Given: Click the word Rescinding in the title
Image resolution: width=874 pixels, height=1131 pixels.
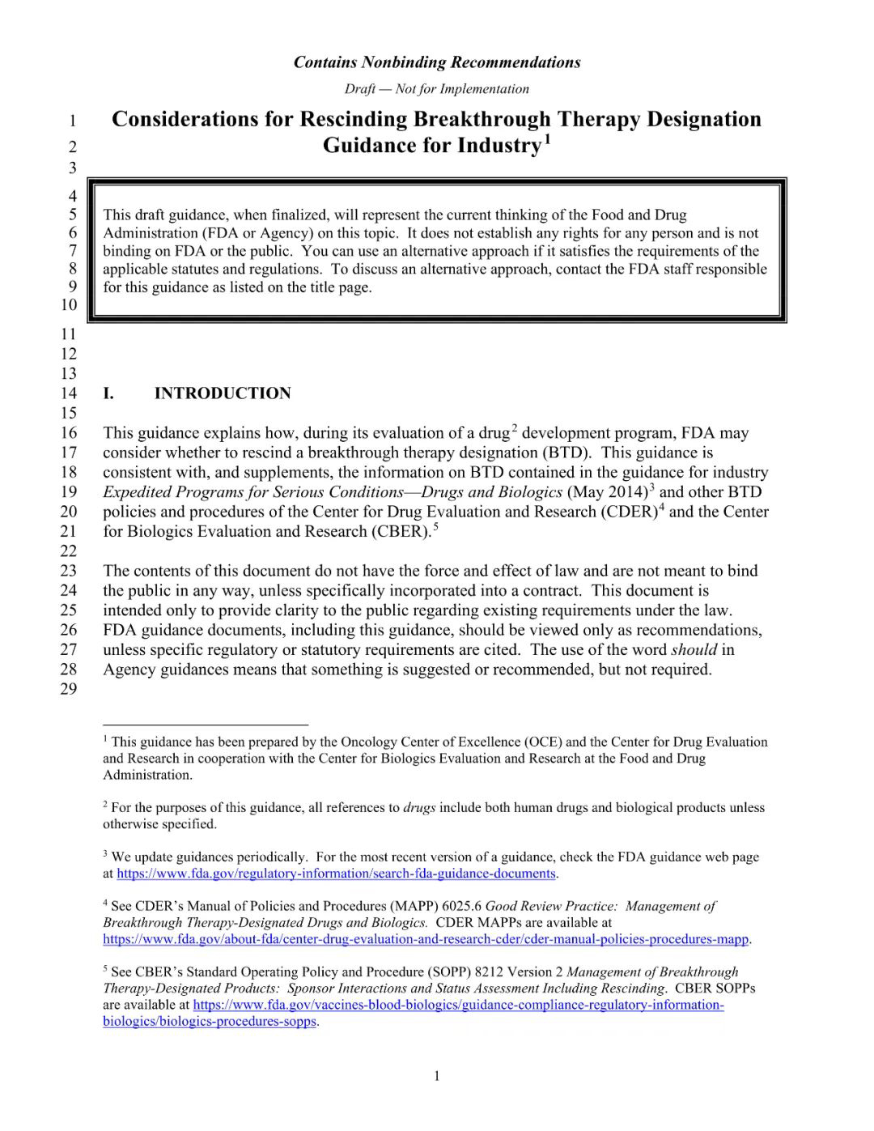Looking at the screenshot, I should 353,119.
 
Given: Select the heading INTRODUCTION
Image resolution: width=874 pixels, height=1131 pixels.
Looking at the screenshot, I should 223,393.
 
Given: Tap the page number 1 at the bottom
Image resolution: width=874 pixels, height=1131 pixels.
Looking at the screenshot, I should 437,1075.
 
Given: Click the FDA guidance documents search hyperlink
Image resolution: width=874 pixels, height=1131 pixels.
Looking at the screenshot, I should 337,874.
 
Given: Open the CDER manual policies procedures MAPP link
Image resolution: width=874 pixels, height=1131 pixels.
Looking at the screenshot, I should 426,939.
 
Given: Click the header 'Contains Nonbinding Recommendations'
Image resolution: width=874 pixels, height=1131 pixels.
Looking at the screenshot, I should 437,62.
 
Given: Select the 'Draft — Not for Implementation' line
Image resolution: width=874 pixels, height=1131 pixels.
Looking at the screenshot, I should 437,89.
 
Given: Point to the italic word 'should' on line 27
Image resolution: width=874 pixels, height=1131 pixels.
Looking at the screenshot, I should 694,649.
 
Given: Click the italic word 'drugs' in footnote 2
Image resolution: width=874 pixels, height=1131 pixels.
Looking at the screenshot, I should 419,807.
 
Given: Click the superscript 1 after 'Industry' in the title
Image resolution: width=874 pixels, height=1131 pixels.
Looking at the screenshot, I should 548,139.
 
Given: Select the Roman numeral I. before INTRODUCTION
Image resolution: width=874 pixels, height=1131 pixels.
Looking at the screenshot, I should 108,393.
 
